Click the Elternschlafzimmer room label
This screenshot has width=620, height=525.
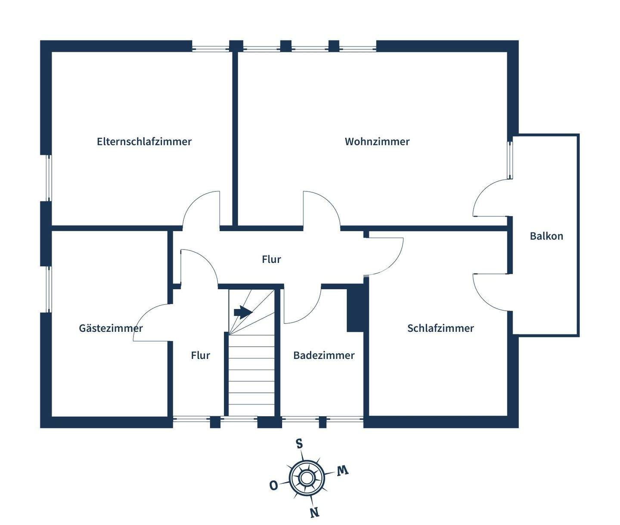(x=144, y=142)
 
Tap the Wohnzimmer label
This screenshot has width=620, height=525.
(x=377, y=142)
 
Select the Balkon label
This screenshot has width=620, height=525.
(x=546, y=236)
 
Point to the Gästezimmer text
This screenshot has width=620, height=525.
(x=111, y=328)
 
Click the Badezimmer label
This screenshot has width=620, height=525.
(x=324, y=355)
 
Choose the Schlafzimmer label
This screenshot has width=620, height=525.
(x=440, y=328)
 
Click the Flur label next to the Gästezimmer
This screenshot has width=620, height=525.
(x=201, y=355)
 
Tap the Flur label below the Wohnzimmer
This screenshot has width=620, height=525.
(x=271, y=259)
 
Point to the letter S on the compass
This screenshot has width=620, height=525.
(x=299, y=443)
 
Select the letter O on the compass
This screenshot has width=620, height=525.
(x=273, y=485)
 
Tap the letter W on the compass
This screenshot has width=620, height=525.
(x=342, y=470)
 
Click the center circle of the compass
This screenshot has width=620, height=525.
(x=306, y=478)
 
